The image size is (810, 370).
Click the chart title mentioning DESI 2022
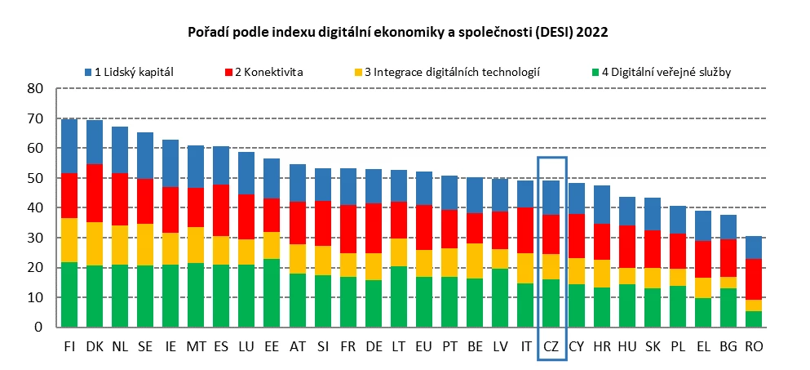tap(399, 33)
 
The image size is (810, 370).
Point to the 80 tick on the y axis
tap(34, 88)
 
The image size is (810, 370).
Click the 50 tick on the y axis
tap(34, 178)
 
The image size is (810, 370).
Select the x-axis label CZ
tap(552, 346)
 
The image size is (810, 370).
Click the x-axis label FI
tap(70, 346)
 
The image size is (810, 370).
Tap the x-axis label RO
tap(755, 346)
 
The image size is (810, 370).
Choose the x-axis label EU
tap(425, 346)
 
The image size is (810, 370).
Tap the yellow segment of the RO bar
tap(755, 305)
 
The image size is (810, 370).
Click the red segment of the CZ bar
tap(552, 234)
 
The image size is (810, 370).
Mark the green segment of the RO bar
tap(755, 319)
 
